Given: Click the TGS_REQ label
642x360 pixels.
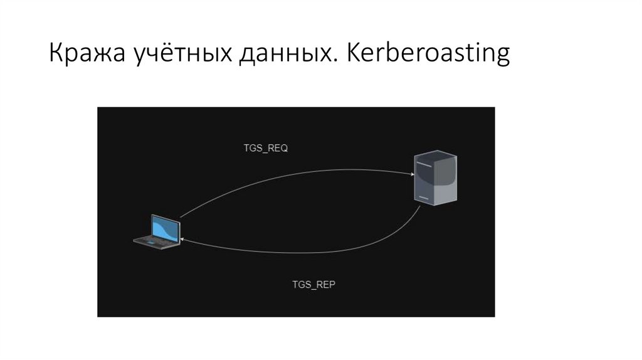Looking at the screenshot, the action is coord(265,149).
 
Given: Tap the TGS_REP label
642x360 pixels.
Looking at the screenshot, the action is coord(313,284).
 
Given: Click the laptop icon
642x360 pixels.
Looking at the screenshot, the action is coord(158,231).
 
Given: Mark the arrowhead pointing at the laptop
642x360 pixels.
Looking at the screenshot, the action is coord(181,240).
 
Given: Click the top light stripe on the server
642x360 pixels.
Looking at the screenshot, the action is coord(423,164).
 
